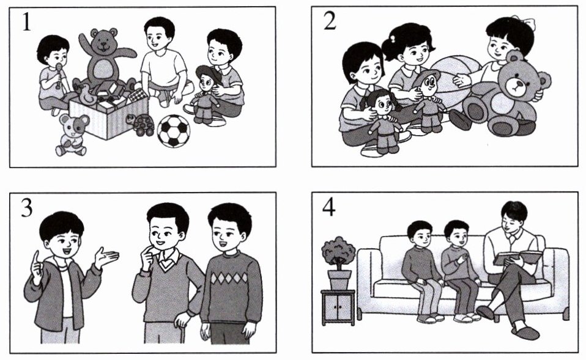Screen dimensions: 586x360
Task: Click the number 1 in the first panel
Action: point(26,23)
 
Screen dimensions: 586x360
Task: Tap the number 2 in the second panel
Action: point(330,21)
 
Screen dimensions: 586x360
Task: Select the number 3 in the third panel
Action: point(26,208)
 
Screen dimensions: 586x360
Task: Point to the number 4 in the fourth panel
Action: point(328,208)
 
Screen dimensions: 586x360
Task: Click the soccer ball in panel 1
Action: point(173,131)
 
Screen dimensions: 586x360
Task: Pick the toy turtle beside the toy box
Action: point(144,125)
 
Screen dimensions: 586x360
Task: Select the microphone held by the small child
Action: point(59,75)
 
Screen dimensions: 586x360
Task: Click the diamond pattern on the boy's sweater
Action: point(229,278)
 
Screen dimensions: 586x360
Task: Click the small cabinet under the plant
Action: point(338,307)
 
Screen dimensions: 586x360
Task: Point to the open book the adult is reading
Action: point(517,257)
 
